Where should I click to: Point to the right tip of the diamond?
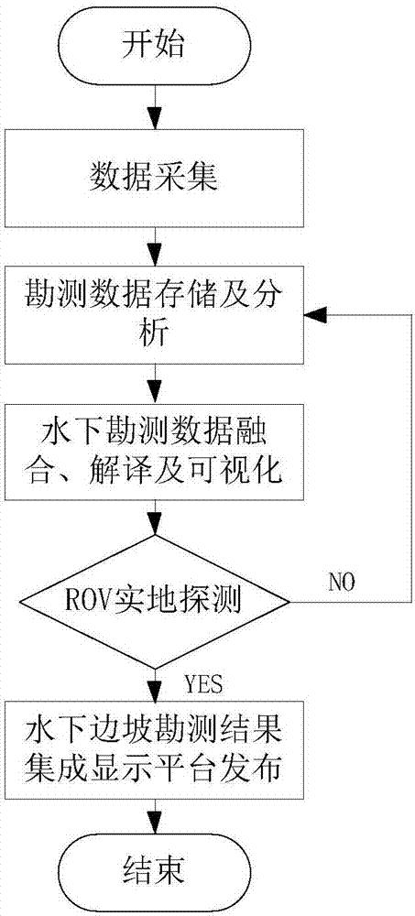click(289, 602)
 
